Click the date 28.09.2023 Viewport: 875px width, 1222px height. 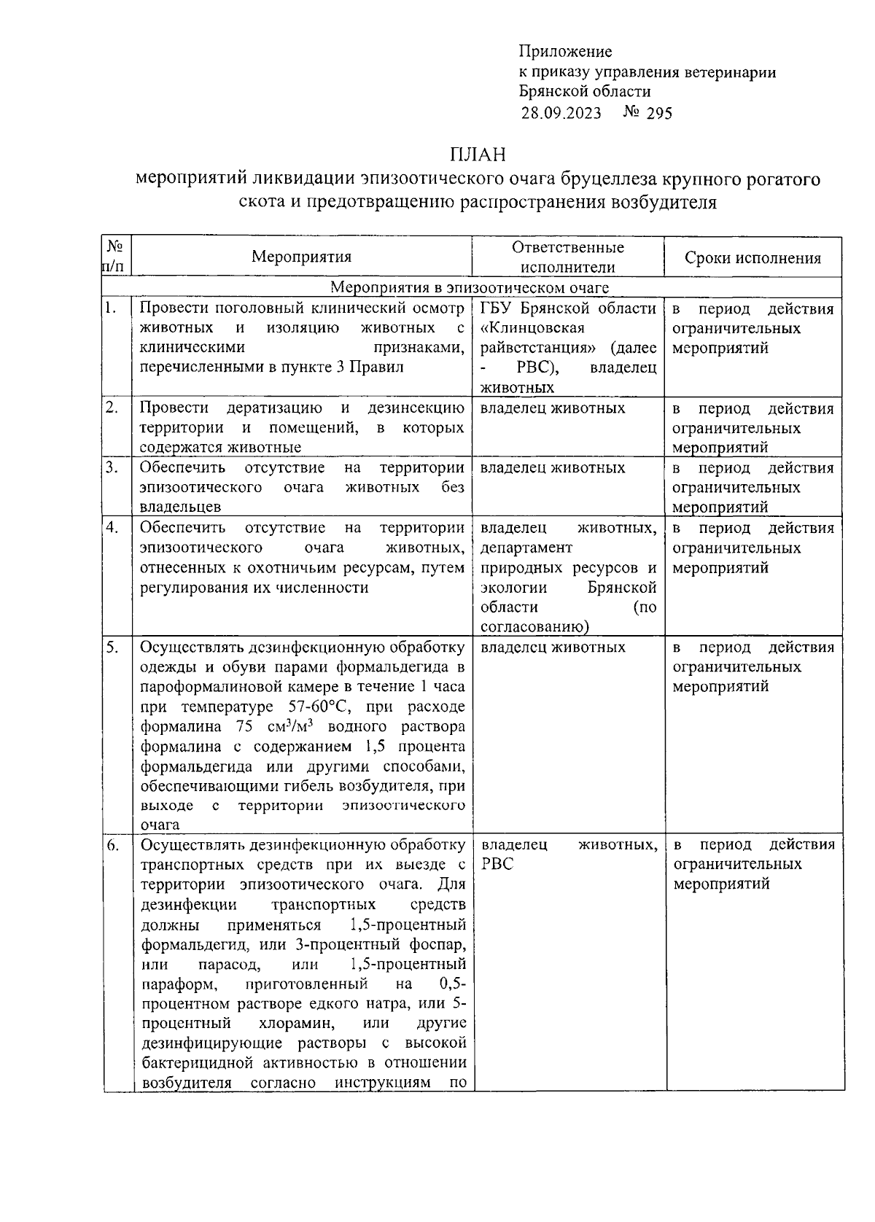pos(561,112)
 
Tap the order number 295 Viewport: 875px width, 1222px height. pos(658,112)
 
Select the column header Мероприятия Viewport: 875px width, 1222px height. pos(301,257)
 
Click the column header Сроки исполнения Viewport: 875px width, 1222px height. pos(752,257)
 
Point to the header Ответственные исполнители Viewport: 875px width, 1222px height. pos(568,257)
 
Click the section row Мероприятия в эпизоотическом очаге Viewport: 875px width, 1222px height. pos(470,288)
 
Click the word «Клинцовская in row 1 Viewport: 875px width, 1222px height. pos(532,328)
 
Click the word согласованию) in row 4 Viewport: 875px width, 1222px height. pos(534,626)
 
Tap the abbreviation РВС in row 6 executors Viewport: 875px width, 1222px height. pos(497,864)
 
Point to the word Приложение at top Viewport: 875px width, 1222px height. pos(565,51)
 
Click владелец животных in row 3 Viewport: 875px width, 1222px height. pos(553,467)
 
